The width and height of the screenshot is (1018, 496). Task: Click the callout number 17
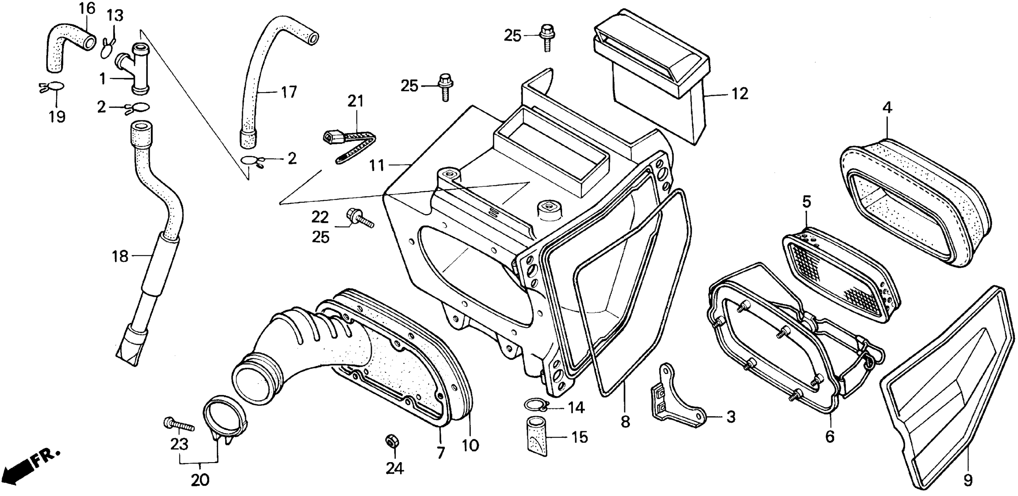289,92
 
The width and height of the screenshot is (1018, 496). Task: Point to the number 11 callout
377,165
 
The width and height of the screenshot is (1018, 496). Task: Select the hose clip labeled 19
53,87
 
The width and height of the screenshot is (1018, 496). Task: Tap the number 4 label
887,107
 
